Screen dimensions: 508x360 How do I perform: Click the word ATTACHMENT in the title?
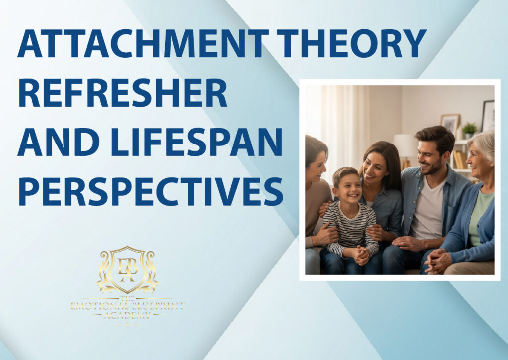(143, 44)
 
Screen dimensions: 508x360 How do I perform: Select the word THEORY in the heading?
(352, 44)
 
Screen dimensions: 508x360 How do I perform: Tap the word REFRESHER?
(123, 93)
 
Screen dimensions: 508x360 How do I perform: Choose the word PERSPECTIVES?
(151, 191)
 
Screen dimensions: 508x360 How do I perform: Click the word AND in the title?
(59, 143)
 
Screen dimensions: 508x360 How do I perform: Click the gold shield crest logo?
(127, 270)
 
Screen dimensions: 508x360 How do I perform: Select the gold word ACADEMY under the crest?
(127, 315)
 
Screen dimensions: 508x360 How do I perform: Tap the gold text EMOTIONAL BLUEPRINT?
(127, 306)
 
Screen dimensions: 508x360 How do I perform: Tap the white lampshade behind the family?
(404, 145)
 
